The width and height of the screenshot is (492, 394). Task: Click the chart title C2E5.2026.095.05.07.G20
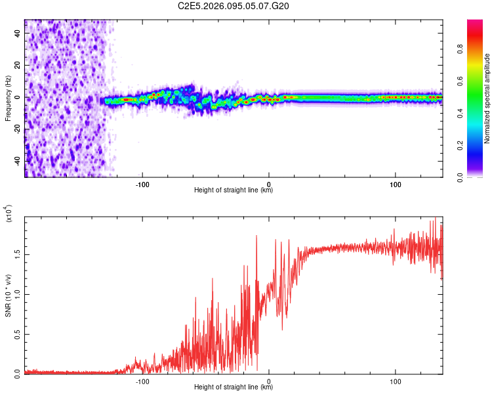[234, 7]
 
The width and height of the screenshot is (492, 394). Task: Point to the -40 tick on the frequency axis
[18, 161]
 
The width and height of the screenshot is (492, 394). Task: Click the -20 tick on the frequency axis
[18, 129]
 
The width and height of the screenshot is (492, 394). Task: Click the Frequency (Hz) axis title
[8, 98]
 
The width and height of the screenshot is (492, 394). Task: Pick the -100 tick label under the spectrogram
[142, 185]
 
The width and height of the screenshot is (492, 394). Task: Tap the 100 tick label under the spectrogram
[396, 185]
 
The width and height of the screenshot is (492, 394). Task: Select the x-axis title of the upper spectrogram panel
[234, 190]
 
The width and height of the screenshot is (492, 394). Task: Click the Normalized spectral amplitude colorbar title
[487, 98]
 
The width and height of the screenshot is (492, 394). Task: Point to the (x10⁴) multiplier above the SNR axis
[9, 214]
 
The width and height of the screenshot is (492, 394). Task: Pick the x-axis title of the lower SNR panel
[234, 387]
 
